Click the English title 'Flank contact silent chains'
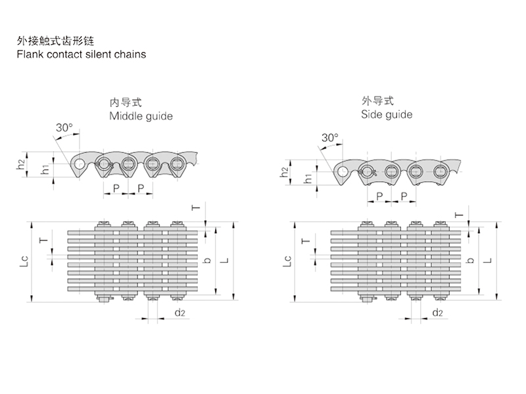click(82, 54)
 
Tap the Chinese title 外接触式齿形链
click(56, 41)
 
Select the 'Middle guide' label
click(141, 116)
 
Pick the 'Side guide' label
click(387, 114)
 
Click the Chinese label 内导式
click(126, 102)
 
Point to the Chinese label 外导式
click(377, 101)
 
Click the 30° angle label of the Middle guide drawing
click(64, 127)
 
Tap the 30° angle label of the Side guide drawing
click(329, 138)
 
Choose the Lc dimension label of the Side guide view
click(287, 261)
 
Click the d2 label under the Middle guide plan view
click(179, 313)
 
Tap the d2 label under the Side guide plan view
click(438, 313)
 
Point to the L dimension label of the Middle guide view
click(225, 261)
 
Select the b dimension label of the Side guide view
click(469, 260)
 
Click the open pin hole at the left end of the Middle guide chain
click(79, 164)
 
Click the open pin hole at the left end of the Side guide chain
click(343, 172)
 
